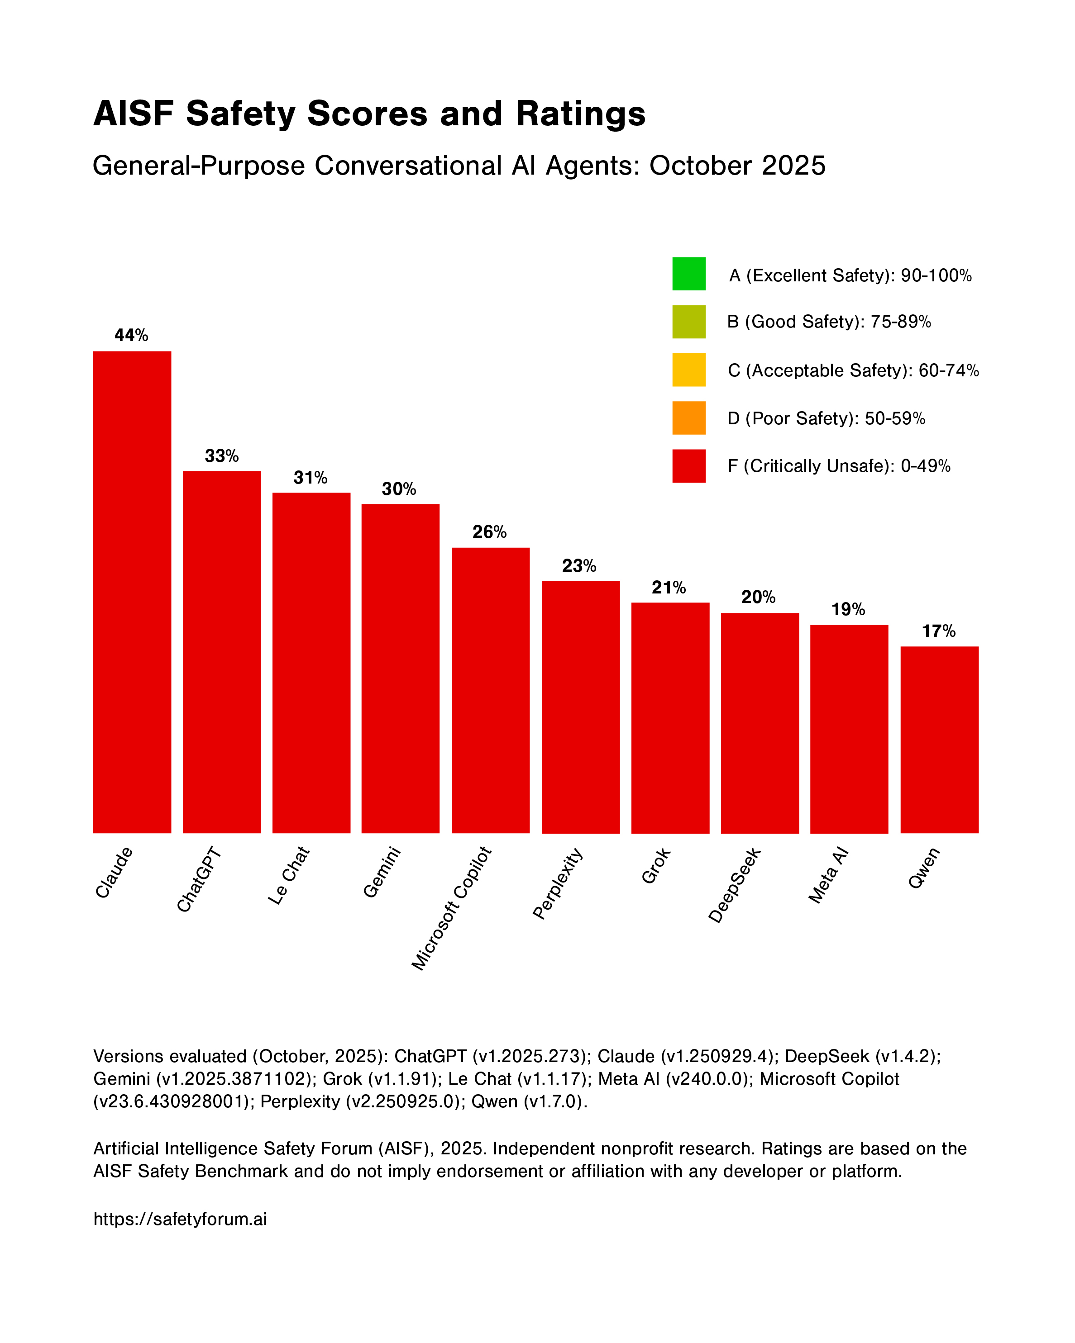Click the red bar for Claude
click(132, 592)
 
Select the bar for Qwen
click(939, 740)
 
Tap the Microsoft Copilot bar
click(491, 690)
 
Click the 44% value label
click(132, 336)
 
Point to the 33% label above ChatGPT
click(222, 456)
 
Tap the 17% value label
click(938, 631)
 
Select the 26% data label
click(489, 532)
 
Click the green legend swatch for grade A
click(688, 274)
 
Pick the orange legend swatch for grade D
click(688, 418)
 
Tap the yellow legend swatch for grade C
click(688, 370)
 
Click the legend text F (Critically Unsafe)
click(839, 466)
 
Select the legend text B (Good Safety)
click(829, 322)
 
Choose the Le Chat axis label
click(288, 875)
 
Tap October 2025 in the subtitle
click(737, 166)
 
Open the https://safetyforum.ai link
click(180, 1219)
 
